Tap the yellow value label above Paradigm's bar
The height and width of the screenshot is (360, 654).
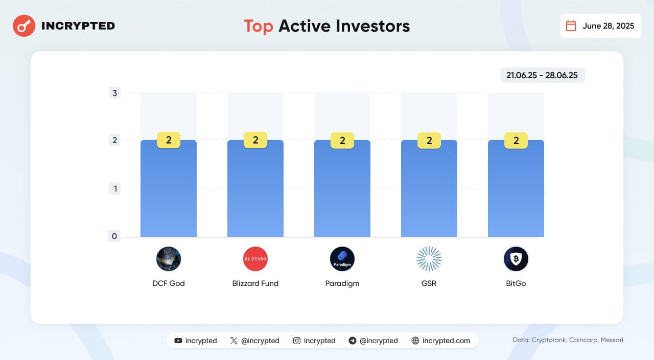pyautogui.click(x=342, y=140)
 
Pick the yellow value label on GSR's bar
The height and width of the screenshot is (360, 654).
pyautogui.click(x=429, y=140)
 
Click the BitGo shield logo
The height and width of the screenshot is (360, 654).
pyautogui.click(x=516, y=259)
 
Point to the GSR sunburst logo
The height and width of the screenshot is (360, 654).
pyautogui.click(x=429, y=259)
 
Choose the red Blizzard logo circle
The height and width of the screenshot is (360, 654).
pyautogui.click(x=255, y=259)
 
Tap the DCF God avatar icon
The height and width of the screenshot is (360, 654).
pyautogui.click(x=169, y=259)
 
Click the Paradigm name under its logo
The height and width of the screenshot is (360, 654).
pyautogui.click(x=342, y=283)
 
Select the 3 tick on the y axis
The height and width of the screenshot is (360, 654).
pyautogui.click(x=115, y=93)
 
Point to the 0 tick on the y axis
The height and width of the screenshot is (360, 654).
pyautogui.click(x=115, y=236)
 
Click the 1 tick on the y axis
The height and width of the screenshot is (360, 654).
pyautogui.click(x=115, y=188)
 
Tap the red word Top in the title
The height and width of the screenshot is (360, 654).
pyautogui.click(x=258, y=26)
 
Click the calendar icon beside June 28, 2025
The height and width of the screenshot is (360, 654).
pyautogui.click(x=571, y=26)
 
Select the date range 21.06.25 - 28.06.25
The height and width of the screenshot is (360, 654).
pyautogui.click(x=542, y=75)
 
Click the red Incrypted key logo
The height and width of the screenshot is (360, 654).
pyautogui.click(x=24, y=26)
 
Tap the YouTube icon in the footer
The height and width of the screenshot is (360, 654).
pyautogui.click(x=178, y=341)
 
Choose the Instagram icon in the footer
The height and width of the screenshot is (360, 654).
pyautogui.click(x=297, y=341)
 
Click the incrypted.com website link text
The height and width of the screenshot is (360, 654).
pyautogui.click(x=446, y=341)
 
